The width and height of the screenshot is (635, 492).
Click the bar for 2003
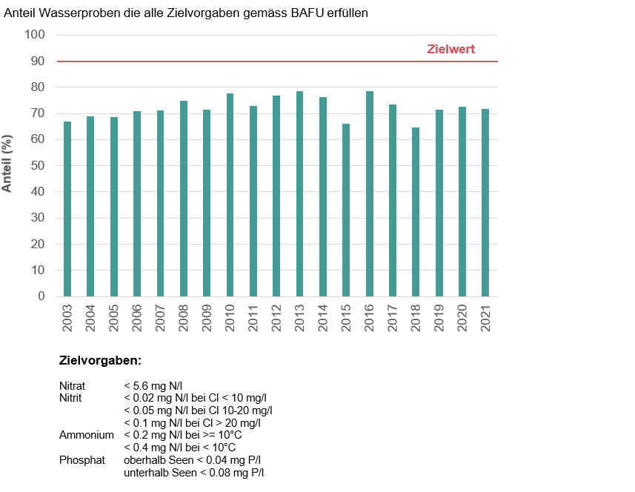(x=67, y=209)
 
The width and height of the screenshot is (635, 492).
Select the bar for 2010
(x=230, y=195)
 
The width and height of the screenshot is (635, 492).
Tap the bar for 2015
(x=346, y=210)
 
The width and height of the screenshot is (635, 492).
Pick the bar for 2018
(x=416, y=212)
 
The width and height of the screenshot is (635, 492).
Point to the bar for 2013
(x=299, y=193)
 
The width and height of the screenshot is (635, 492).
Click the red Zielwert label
(x=451, y=50)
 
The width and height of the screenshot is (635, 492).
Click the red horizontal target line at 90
(x=222, y=61)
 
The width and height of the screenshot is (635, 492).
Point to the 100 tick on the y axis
(x=35, y=35)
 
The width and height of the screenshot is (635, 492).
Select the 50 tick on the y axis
(x=38, y=166)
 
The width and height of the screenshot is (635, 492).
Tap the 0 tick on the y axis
(x=41, y=296)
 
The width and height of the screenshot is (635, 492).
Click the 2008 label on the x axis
(x=184, y=318)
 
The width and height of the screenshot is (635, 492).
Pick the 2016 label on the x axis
(x=370, y=318)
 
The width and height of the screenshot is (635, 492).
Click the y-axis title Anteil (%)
(x=7, y=163)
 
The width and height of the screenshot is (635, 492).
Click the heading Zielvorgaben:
(x=100, y=361)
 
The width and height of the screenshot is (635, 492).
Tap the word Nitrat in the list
(x=73, y=386)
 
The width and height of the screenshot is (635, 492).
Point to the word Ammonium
(x=87, y=435)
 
